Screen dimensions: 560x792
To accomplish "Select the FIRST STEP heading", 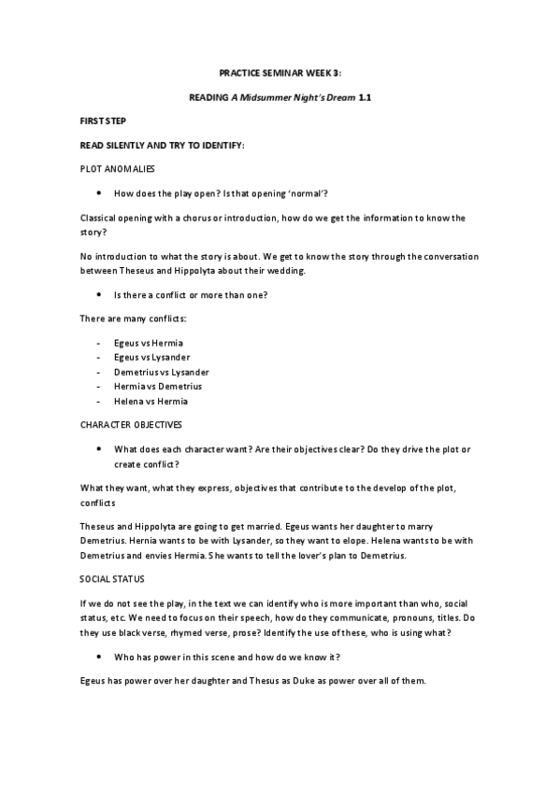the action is click(103, 121).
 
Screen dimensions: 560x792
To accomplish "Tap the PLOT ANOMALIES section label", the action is click(118, 169).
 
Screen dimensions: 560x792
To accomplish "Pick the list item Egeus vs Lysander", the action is click(152, 358).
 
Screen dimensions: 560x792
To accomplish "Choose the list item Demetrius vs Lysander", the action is click(161, 372).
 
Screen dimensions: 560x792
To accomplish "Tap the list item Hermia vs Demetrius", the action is click(157, 386).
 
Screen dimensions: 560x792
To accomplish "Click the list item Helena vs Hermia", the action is click(151, 401).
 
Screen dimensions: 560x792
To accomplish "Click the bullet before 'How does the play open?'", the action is click(99, 193).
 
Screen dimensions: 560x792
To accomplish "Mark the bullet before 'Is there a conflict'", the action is click(99, 295).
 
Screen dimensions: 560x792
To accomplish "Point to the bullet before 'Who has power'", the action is click(99, 658).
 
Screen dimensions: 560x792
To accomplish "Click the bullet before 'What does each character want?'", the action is click(99, 449).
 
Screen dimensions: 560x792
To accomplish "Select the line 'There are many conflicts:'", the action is click(126, 319).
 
